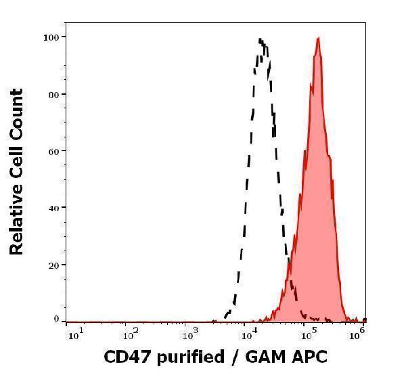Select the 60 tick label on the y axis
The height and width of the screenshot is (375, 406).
pos(51,150)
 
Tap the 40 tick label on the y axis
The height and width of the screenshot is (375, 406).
pos(51,207)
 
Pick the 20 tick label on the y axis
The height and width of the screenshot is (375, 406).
pos(51,265)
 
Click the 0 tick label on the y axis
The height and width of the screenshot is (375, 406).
pos(55,318)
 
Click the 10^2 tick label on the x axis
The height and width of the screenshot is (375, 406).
pos(132,332)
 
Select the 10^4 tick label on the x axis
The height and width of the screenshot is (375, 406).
pos(248,332)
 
